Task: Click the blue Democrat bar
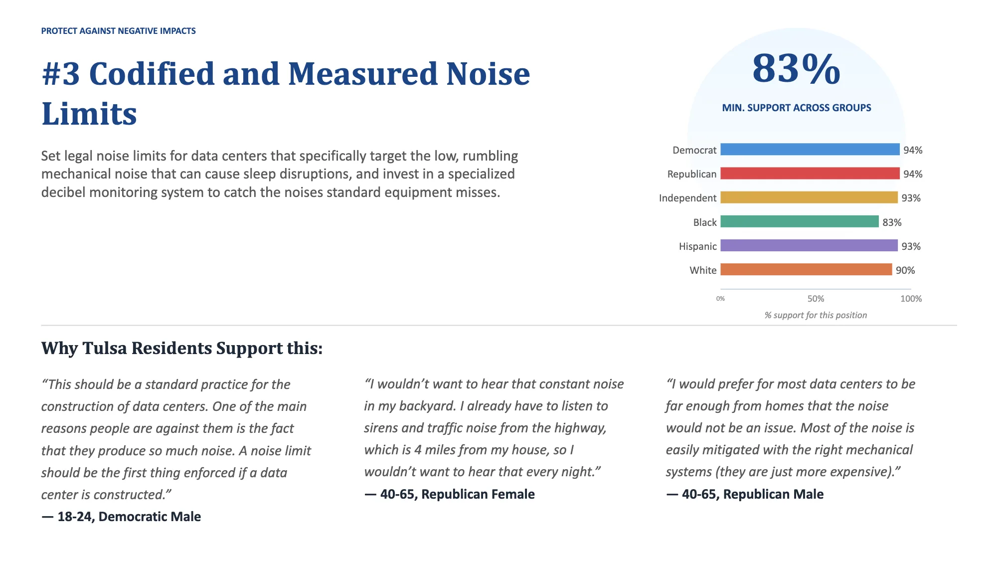tap(810, 149)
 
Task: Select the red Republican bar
tap(810, 173)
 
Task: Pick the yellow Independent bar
tap(809, 197)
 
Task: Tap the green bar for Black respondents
tap(800, 221)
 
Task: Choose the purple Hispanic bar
tap(809, 245)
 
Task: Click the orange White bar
tap(806, 269)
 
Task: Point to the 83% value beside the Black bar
tap(892, 222)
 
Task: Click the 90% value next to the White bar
tap(905, 270)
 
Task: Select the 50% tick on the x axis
tap(816, 299)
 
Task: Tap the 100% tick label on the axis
tap(911, 299)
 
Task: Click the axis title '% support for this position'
tap(816, 315)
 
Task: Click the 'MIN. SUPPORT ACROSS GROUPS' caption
tap(797, 108)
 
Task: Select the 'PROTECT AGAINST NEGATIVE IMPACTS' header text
tap(119, 31)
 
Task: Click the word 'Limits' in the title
tap(89, 114)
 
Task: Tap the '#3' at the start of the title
tap(61, 74)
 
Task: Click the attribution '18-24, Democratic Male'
tap(129, 517)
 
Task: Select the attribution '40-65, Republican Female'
tap(458, 494)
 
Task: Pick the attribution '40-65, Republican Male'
tap(753, 494)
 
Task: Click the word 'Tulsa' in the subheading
tap(105, 348)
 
